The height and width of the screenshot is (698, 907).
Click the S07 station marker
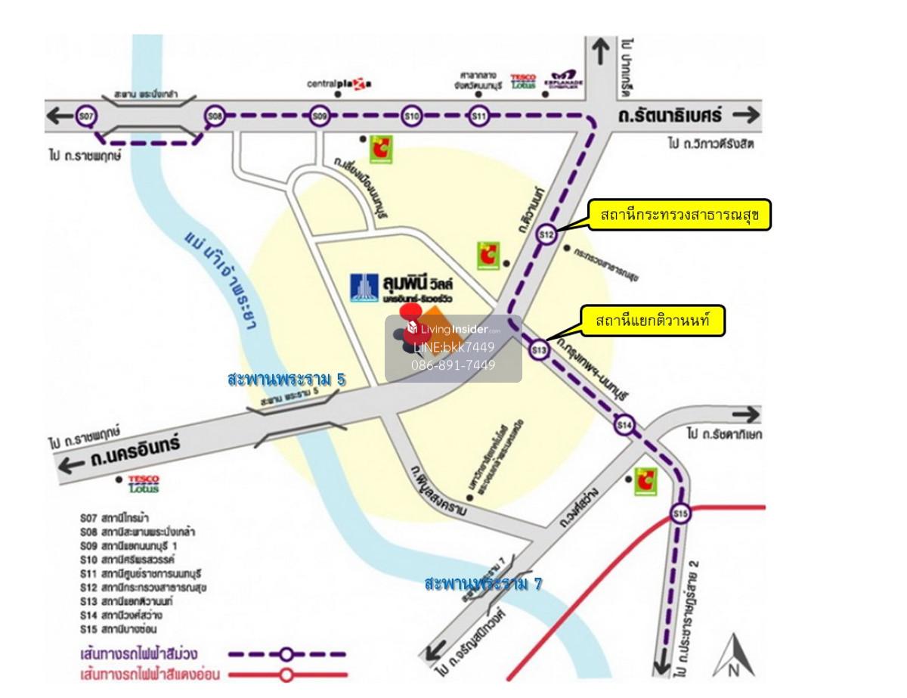(x=87, y=116)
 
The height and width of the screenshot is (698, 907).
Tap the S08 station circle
(x=215, y=116)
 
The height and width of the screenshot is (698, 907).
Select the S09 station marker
(x=320, y=116)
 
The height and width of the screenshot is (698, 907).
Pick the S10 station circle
(x=411, y=116)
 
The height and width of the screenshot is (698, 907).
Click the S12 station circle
(x=546, y=235)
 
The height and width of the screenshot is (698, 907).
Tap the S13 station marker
(x=538, y=349)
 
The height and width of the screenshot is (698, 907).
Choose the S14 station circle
(x=624, y=425)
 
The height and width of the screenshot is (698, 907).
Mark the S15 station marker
(x=681, y=515)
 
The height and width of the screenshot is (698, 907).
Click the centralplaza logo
(x=339, y=84)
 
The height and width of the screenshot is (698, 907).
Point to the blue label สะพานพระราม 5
(x=286, y=379)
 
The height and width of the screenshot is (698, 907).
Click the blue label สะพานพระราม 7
(x=484, y=583)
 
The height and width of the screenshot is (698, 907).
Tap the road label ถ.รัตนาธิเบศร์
(x=670, y=116)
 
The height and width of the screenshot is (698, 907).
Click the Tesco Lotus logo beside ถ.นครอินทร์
(x=144, y=482)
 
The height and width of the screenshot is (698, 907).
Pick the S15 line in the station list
(x=119, y=628)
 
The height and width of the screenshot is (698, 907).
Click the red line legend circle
(x=286, y=674)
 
